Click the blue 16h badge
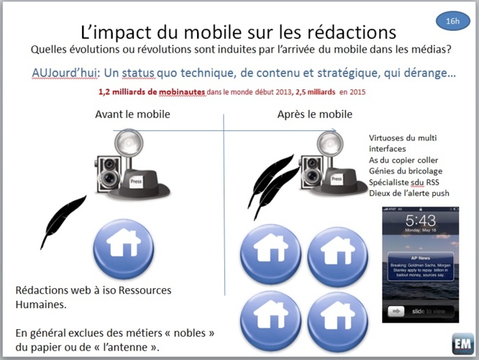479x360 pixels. coord(453,21)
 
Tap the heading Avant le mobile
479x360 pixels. coord(133,114)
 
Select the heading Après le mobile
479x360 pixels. coord(315,114)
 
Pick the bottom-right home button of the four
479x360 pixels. coord(338,321)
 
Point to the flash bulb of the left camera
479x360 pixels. coord(127,140)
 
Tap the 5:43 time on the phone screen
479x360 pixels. coord(420,221)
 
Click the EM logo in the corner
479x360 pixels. coord(463,344)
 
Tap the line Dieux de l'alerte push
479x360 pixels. coord(409,193)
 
